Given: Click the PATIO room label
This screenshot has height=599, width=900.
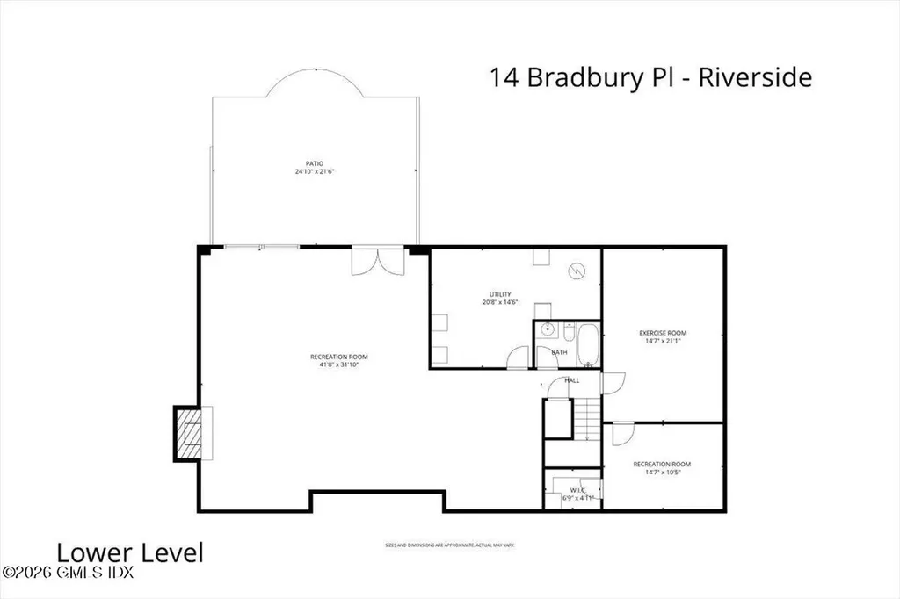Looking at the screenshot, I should pyautogui.click(x=315, y=163).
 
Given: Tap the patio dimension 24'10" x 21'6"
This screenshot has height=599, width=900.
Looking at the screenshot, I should pyautogui.click(x=315, y=172).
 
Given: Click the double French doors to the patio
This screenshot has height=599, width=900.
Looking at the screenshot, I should pyautogui.click(x=369, y=262).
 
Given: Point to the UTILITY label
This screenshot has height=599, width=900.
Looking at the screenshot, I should pyautogui.click(x=500, y=294).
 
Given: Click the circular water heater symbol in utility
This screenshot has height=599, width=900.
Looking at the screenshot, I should pyautogui.click(x=577, y=271).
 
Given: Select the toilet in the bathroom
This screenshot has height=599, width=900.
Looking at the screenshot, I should pyautogui.click(x=567, y=333).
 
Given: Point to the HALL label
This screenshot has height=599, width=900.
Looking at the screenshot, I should pyautogui.click(x=571, y=380).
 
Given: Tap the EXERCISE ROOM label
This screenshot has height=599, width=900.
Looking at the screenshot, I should pyautogui.click(x=662, y=333).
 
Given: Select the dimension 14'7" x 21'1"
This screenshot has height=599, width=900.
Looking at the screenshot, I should pyautogui.click(x=662, y=342).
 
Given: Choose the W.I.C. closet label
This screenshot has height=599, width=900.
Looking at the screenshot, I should pyautogui.click(x=577, y=490).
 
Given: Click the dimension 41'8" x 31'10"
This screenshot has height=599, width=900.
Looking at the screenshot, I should pyautogui.click(x=338, y=364).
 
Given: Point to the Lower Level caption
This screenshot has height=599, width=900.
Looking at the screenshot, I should pyautogui.click(x=130, y=552).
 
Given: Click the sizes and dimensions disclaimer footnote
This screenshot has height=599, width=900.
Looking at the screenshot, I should pyautogui.click(x=449, y=545).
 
